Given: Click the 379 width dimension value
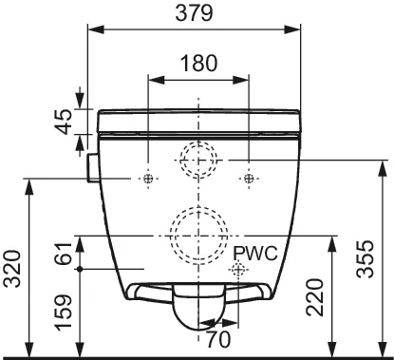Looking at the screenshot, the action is pyautogui.click(x=195, y=13).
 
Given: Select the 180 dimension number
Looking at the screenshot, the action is pyautogui.click(x=198, y=63).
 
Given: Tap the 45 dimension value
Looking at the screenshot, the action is pyautogui.click(x=63, y=122).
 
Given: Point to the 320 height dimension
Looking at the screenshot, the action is pyautogui.click(x=12, y=269).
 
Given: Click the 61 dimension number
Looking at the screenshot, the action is pyautogui.click(x=63, y=254).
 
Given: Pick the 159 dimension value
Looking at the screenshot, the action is pyautogui.click(x=63, y=313).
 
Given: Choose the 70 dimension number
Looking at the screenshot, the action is pyautogui.click(x=218, y=340).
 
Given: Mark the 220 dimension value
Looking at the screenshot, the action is pyautogui.click(x=315, y=297).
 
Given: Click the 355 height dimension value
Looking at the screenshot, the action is pyautogui.click(x=366, y=259).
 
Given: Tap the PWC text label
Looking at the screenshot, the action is pyautogui.click(x=255, y=254).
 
